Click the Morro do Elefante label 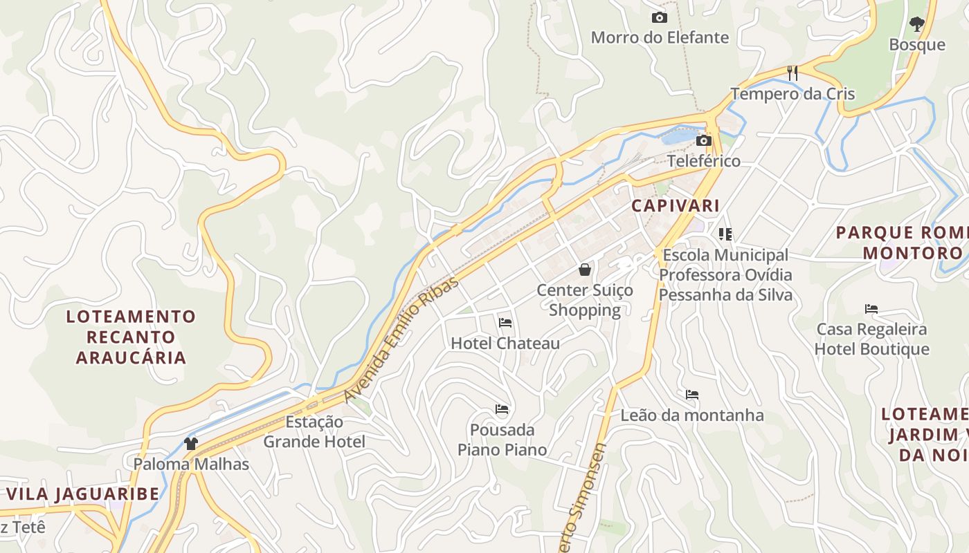[660, 37]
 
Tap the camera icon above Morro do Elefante [660, 17]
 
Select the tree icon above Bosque [917, 24]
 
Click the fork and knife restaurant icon [793, 73]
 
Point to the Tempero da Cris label [793, 94]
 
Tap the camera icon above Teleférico [704, 140]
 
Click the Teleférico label [704, 161]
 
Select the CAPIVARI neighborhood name [676, 205]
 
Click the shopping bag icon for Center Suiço [585, 270]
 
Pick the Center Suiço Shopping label [585, 300]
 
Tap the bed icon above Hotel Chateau [505, 322]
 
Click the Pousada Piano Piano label [502, 440]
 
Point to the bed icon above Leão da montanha [692, 395]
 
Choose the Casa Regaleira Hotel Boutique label [871, 339]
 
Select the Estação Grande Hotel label [314, 431]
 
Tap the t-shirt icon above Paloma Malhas [191, 443]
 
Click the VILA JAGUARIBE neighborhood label [83, 494]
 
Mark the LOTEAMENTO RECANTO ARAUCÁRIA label [132, 337]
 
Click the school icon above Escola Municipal [725, 234]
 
